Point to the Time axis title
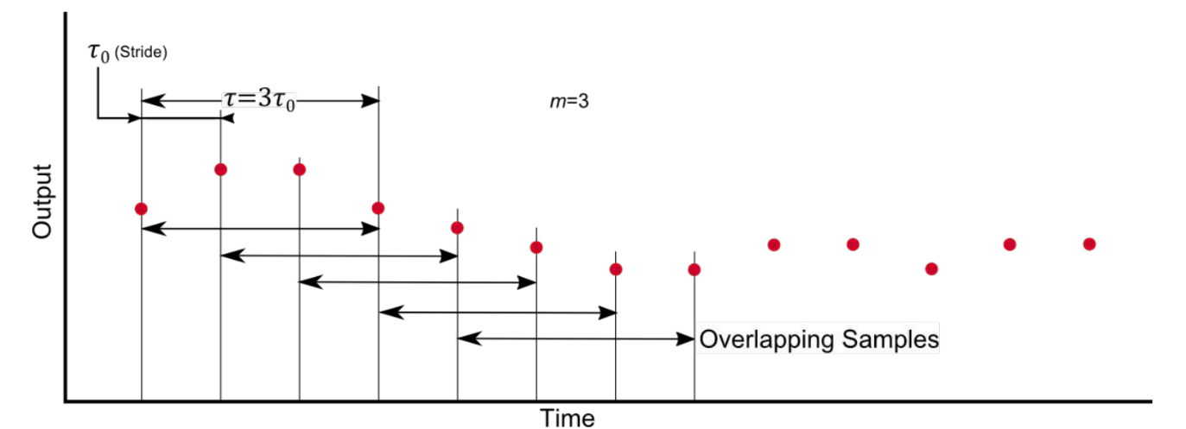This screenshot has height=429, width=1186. (568, 418)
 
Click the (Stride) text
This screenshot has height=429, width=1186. (141, 54)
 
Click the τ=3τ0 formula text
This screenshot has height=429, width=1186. (261, 99)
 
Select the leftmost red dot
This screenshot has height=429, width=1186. (141, 208)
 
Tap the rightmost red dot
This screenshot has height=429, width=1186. (1089, 244)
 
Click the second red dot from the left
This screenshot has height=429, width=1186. (220, 169)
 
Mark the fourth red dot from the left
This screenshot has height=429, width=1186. (378, 207)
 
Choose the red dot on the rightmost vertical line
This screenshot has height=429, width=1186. (694, 269)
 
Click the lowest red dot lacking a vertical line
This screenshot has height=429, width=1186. (931, 268)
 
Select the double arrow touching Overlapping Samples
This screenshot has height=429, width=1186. (576, 339)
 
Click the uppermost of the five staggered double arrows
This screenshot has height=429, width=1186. (259, 229)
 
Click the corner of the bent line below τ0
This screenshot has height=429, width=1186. (98, 117)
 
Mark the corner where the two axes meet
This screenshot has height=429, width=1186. (66, 401)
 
